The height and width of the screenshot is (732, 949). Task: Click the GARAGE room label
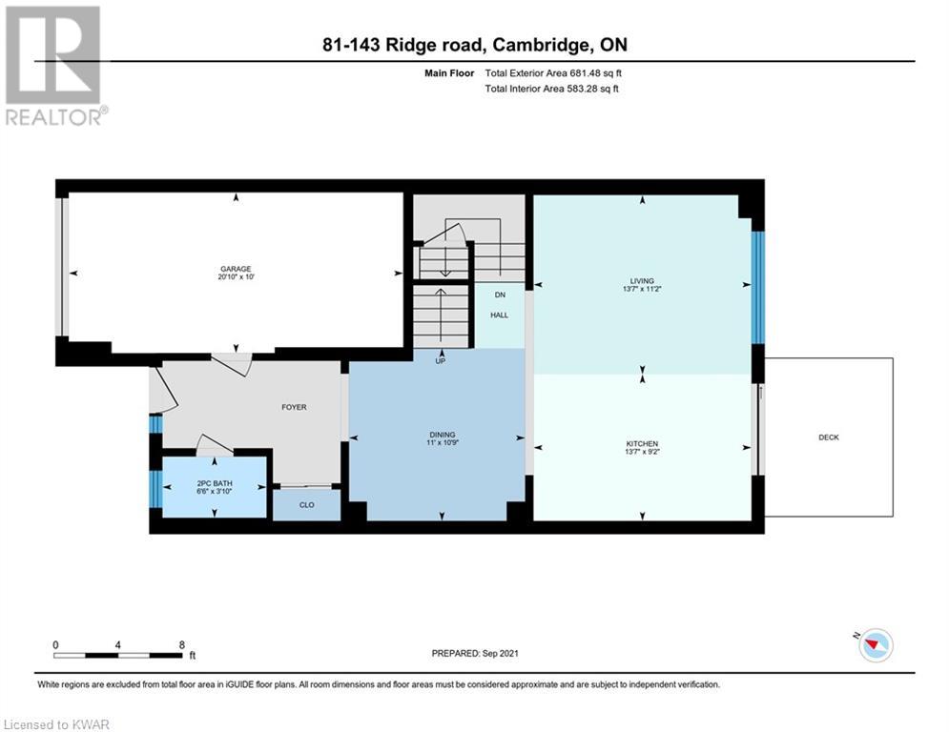click(236, 269)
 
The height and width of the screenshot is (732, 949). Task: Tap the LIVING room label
click(642, 281)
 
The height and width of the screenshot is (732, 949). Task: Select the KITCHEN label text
click(642, 443)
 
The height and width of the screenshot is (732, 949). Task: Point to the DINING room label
click(443, 435)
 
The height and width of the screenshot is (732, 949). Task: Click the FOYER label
click(294, 407)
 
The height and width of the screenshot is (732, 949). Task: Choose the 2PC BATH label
click(215, 483)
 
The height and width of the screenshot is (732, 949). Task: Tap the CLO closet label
click(307, 504)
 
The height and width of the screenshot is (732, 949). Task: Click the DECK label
click(829, 437)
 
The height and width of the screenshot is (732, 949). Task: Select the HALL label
click(500, 315)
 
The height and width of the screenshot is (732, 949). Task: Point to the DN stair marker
click(500, 295)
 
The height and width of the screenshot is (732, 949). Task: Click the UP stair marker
click(440, 361)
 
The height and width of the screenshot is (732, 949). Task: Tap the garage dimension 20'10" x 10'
click(236, 277)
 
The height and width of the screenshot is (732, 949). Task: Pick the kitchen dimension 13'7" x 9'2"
click(642, 451)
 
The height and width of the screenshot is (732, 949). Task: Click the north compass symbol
click(876, 645)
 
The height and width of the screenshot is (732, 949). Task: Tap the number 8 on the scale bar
click(181, 645)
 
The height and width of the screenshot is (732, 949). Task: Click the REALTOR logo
click(55, 66)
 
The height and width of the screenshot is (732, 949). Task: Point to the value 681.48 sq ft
click(595, 73)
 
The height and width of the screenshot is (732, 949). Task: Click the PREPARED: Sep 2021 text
click(475, 653)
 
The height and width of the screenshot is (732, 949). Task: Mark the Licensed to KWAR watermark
click(56, 724)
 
